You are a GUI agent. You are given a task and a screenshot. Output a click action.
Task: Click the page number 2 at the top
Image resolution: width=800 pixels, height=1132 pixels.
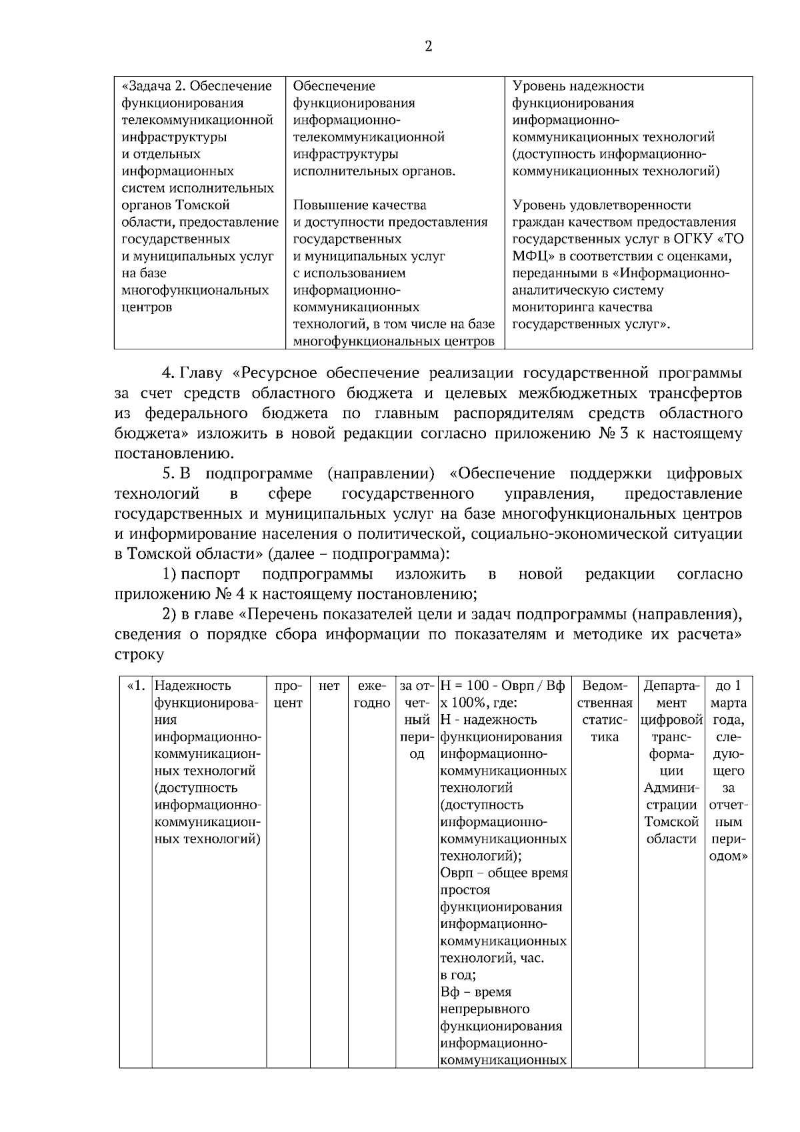[x=428, y=46]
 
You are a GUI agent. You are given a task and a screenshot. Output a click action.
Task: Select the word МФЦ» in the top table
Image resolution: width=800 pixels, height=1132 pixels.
[x=535, y=257]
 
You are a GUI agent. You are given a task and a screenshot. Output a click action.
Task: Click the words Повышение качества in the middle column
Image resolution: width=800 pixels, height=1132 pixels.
[x=359, y=205]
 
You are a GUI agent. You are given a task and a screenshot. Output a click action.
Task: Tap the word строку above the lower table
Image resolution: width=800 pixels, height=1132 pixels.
[x=139, y=654]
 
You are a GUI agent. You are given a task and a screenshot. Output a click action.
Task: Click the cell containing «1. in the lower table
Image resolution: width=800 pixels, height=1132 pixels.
[x=136, y=686]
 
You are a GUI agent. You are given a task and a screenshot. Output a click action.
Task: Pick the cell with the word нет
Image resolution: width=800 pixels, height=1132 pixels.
[x=329, y=686]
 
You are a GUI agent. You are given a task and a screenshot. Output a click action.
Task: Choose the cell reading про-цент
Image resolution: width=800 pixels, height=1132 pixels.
[x=288, y=694]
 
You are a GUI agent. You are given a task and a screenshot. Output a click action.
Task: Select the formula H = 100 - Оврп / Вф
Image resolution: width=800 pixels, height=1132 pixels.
[x=503, y=686]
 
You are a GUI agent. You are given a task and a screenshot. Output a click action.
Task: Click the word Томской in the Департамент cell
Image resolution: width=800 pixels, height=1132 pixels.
[x=671, y=822]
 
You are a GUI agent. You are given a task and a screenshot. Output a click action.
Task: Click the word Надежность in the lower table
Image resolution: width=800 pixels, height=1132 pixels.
[x=193, y=686]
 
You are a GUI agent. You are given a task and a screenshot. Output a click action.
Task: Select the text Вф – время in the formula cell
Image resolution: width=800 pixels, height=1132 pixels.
[x=476, y=992]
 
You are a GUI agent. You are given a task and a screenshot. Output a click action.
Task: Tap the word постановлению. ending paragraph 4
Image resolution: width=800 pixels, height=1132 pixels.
[x=175, y=454]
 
